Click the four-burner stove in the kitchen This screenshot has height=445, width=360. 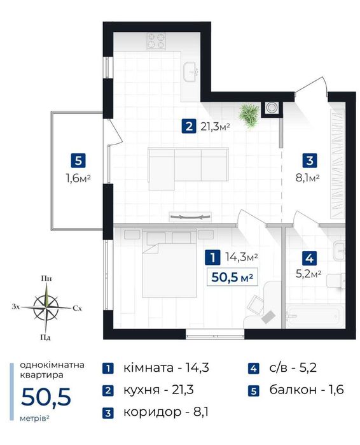156,41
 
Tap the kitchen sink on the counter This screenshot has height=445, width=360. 191,72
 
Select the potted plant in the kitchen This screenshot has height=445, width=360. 249,115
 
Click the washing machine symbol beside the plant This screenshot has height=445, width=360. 272,108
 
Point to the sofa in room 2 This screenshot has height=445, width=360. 188,168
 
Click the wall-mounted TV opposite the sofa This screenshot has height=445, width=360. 190,217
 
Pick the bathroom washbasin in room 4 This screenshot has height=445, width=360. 339,251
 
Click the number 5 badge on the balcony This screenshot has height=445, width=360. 78,160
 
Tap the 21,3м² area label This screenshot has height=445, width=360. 215,126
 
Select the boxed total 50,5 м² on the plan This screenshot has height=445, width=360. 232,277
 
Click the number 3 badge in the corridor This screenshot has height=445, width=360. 310,160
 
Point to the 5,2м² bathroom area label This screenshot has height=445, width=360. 308,274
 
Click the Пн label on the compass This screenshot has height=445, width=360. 46,278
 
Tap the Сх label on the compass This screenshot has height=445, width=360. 77,308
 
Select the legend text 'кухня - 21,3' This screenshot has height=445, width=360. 158,390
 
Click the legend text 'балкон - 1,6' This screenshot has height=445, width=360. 307,390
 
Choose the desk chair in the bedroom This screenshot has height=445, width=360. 256,305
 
